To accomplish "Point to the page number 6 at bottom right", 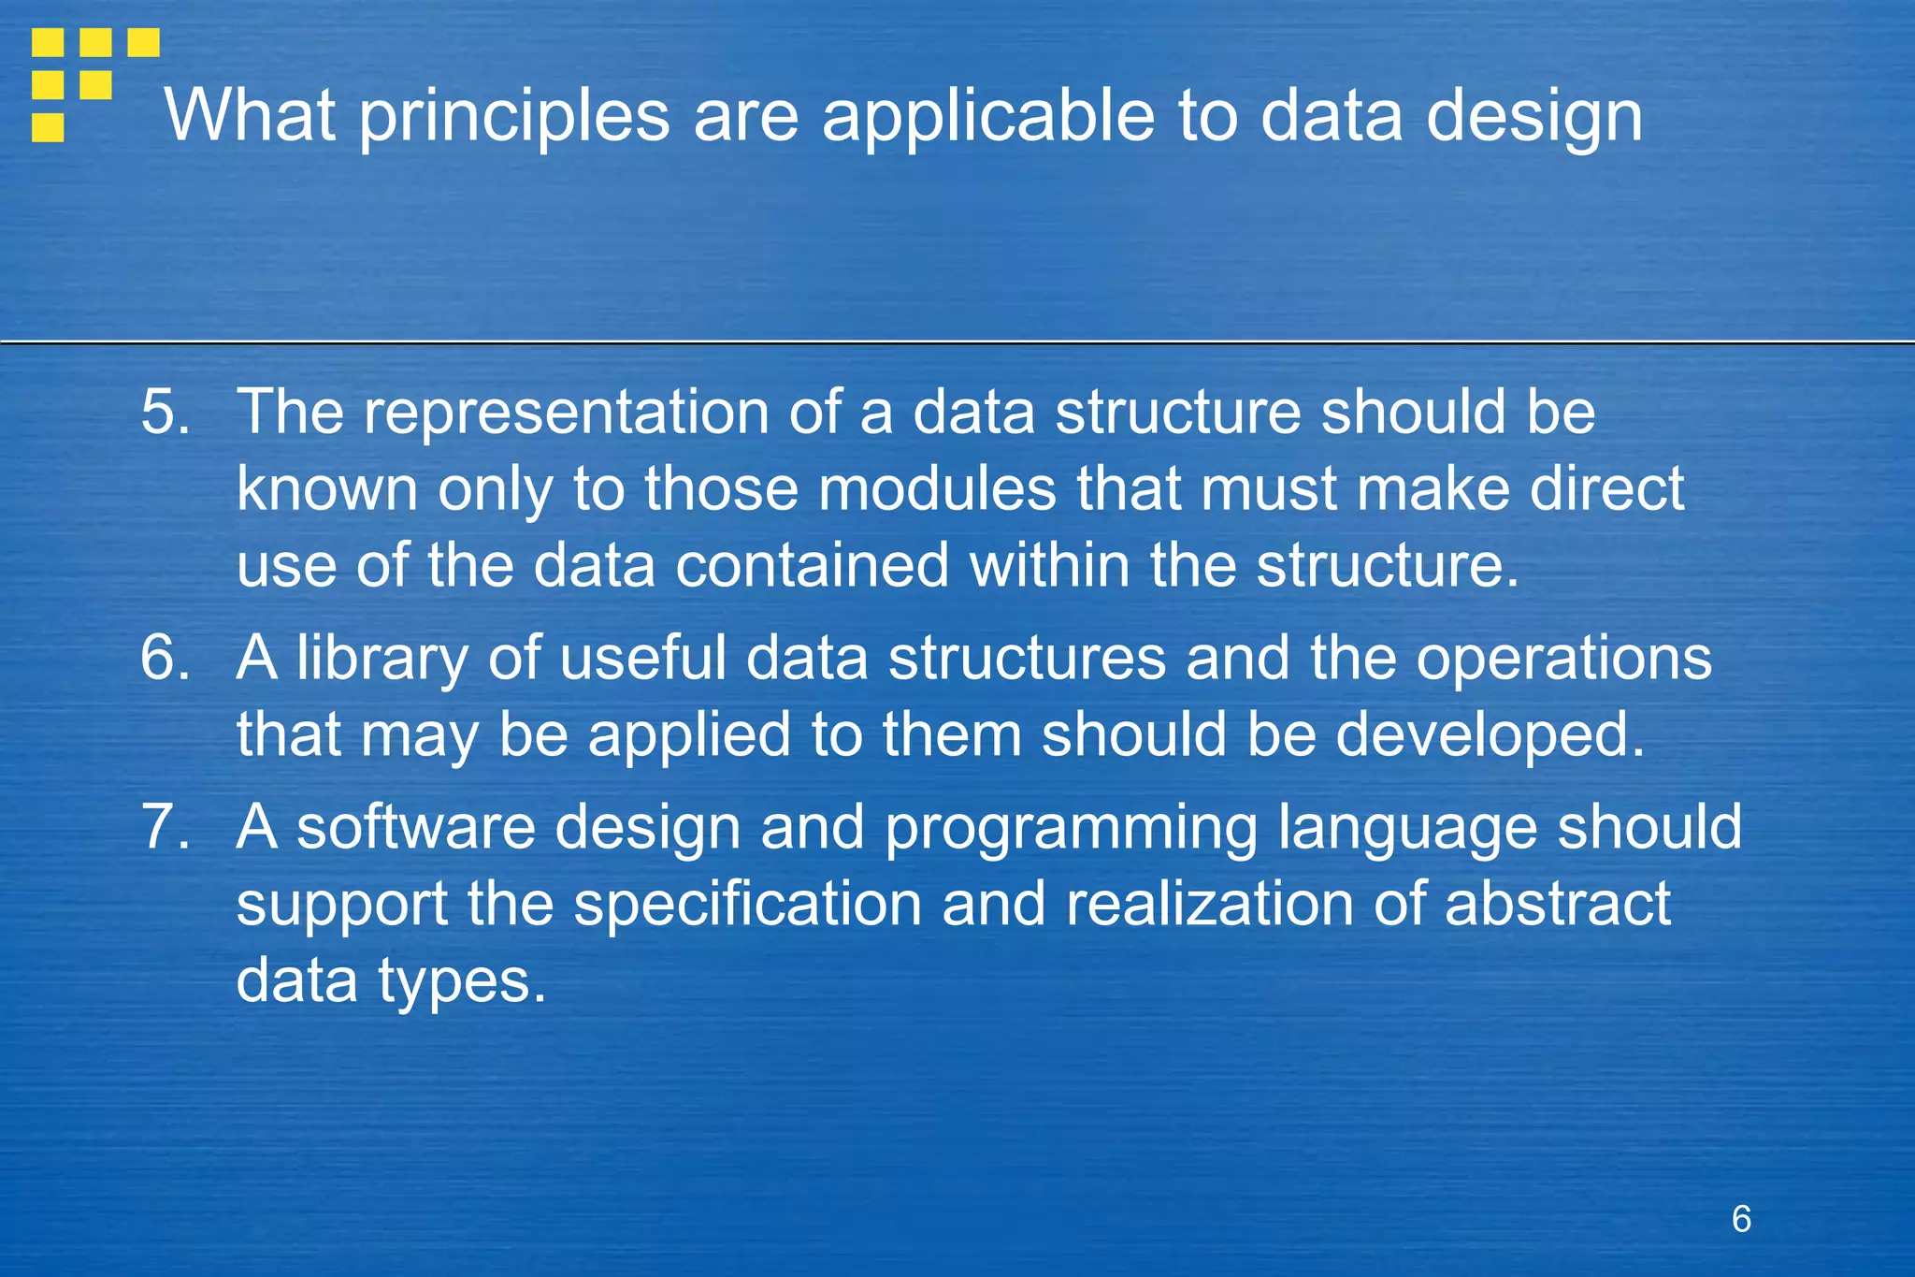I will click(1741, 1219).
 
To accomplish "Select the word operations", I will click(1563, 658).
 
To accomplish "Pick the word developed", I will click(1489, 734).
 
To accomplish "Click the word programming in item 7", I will click(1071, 829).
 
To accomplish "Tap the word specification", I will click(747, 905).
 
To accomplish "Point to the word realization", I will click(1209, 905).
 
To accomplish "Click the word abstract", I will click(1557, 905).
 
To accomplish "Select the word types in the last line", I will click(462, 982).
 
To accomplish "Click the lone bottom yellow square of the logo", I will click(48, 127).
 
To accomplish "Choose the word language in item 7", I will click(1407, 829).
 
